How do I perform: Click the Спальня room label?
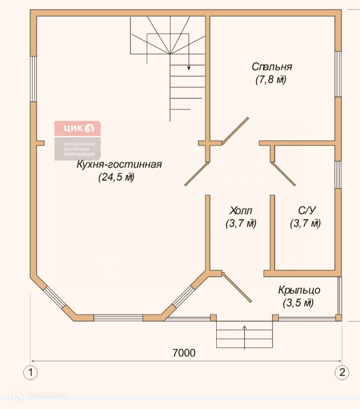[272, 67]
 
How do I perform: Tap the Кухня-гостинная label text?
[119, 164]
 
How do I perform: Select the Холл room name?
[241, 210]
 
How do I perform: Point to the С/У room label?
[307, 210]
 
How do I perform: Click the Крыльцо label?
[299, 290]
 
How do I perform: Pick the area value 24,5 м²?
[116, 177]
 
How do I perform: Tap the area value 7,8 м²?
[271, 80]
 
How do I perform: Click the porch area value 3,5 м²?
[298, 303]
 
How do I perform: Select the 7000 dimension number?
[184, 353]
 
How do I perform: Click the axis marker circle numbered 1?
[31, 373]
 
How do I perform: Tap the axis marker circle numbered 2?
[342, 373]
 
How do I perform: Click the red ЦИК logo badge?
[78, 128]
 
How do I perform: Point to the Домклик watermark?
[40, 394]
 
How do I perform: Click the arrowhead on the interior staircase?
[189, 68]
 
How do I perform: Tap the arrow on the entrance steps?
[244, 337]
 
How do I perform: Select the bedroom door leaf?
[235, 131]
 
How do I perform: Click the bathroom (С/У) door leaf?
[283, 174]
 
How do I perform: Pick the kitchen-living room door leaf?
[197, 174]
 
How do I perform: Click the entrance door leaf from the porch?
[237, 287]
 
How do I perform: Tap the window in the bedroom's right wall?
[338, 74]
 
